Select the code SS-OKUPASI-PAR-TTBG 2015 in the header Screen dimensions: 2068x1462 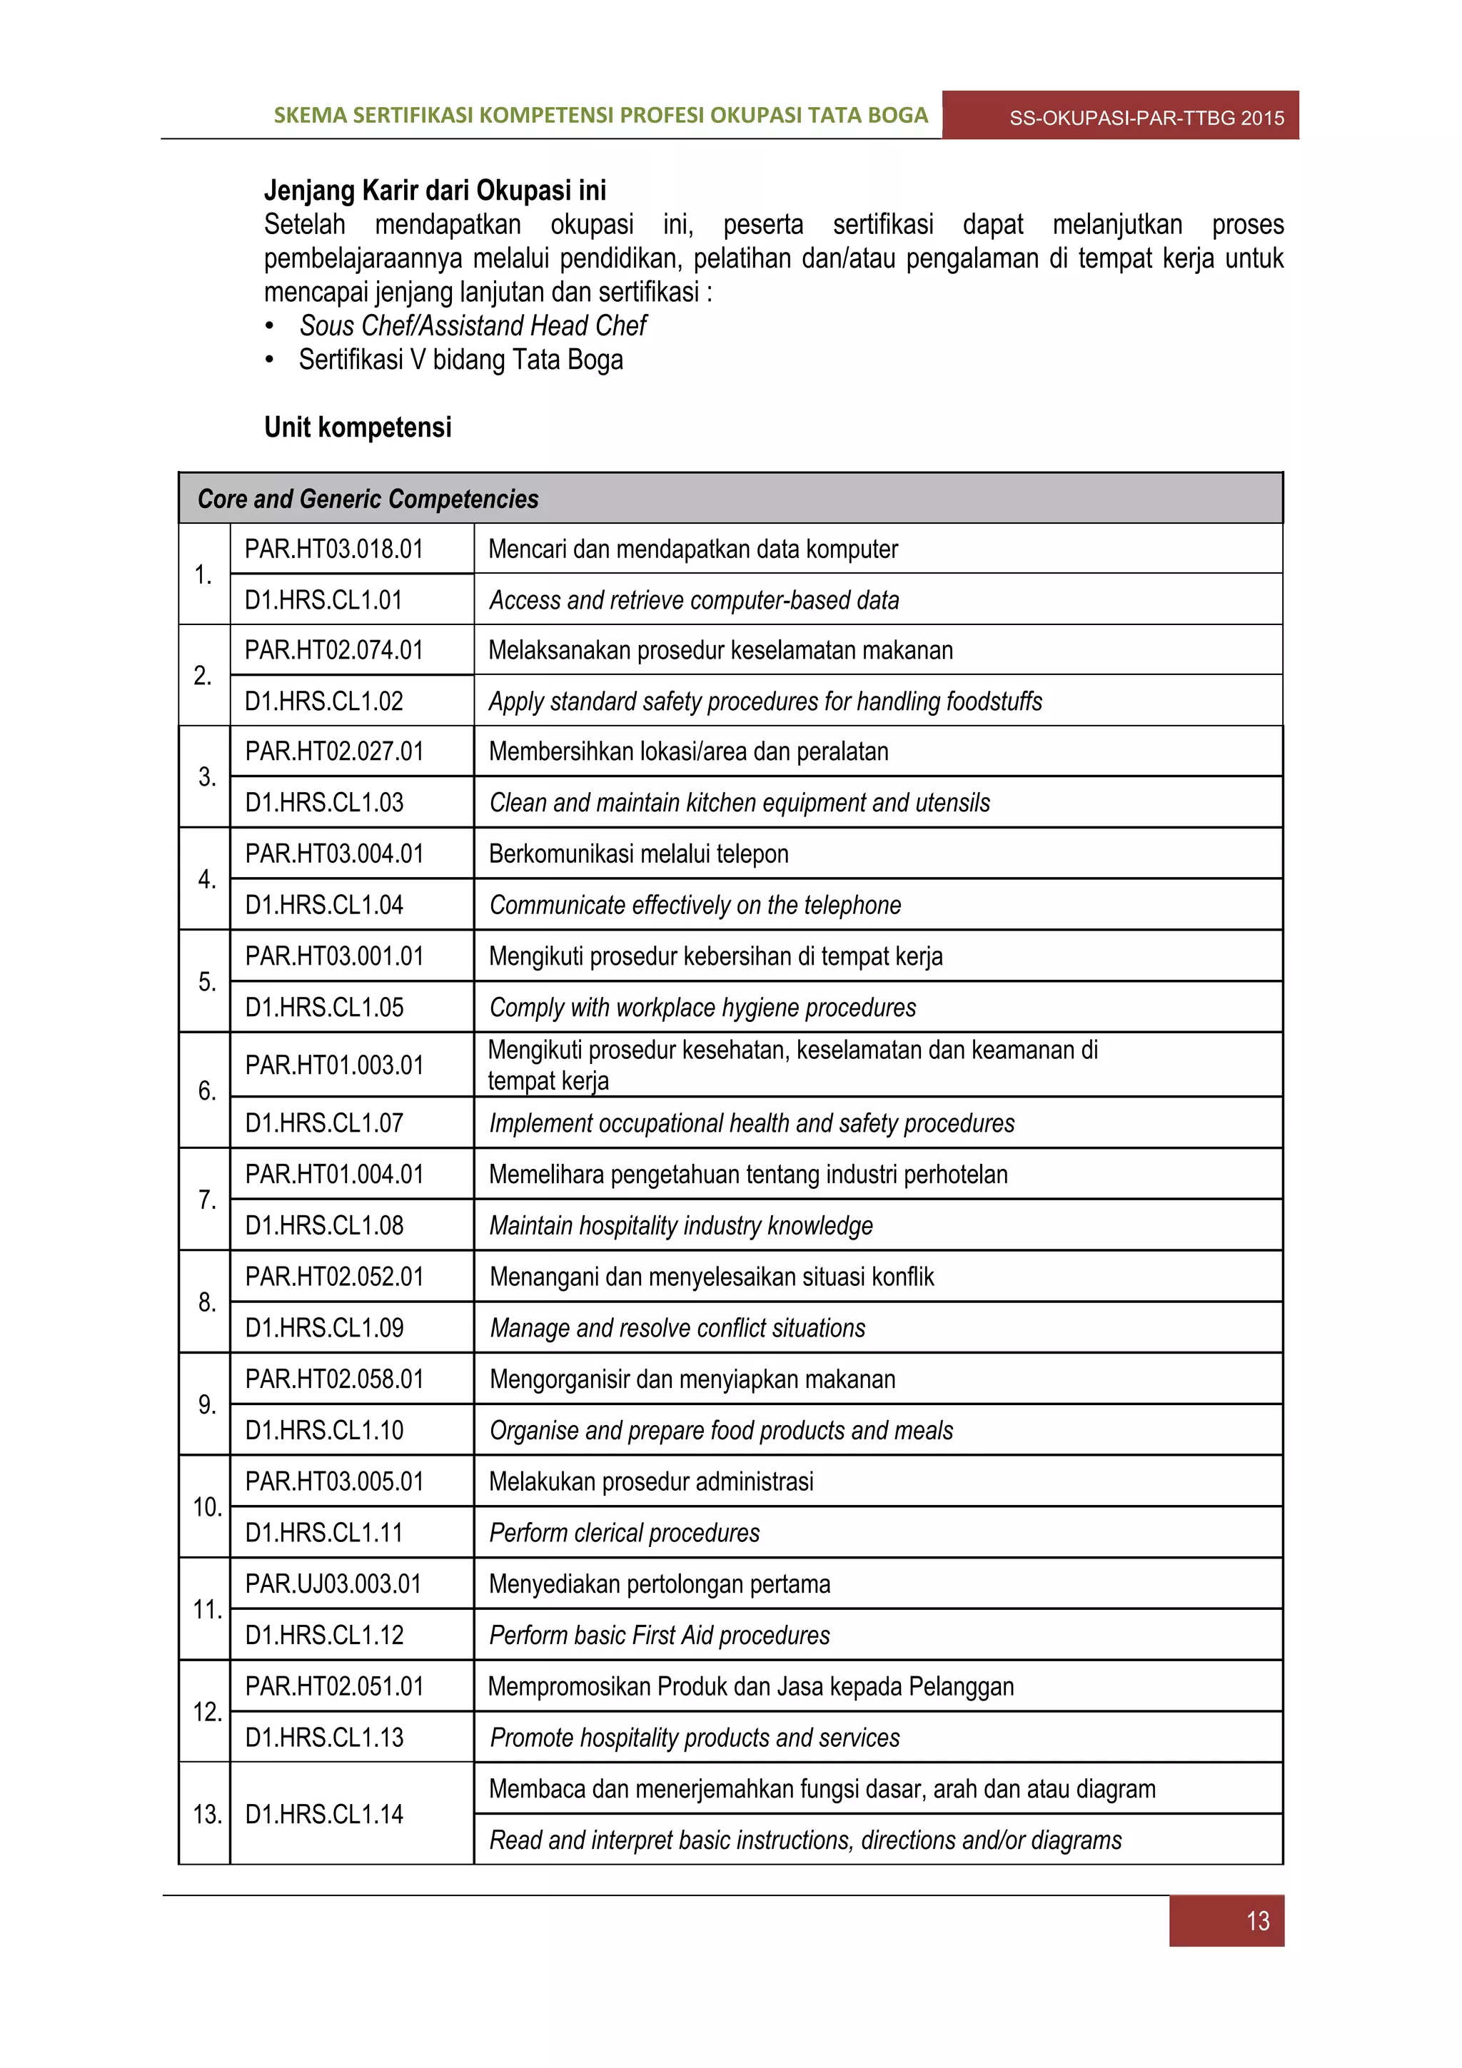pyautogui.click(x=1146, y=118)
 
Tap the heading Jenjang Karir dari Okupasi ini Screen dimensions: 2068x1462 pyautogui.click(x=434, y=191)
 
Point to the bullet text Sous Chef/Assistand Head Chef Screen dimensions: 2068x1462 pyautogui.click(x=472, y=325)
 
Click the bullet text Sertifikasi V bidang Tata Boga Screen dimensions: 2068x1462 pyautogui.click(x=460, y=360)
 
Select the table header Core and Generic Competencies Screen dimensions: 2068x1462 pyautogui.click(x=368, y=499)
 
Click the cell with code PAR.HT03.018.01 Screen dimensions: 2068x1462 pyautogui.click(x=333, y=549)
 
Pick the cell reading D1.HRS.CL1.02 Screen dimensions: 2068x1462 pyautogui.click(x=323, y=701)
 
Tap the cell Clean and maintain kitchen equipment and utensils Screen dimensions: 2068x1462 pyautogui.click(x=739, y=803)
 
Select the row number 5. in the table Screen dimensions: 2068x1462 pyautogui.click(x=206, y=981)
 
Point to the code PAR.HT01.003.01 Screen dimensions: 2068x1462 pyautogui.click(x=333, y=1065)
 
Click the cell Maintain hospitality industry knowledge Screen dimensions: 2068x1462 pyautogui.click(x=680, y=1226)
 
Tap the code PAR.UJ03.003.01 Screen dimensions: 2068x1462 pyautogui.click(x=333, y=1584)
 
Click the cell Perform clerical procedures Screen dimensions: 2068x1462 pyautogui.click(x=623, y=1533)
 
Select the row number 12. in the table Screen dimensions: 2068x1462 pyautogui.click(x=206, y=1711)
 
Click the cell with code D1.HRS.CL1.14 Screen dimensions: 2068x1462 pyautogui.click(x=323, y=1814)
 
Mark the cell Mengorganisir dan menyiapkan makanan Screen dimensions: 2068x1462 pyautogui.click(x=691, y=1379)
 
